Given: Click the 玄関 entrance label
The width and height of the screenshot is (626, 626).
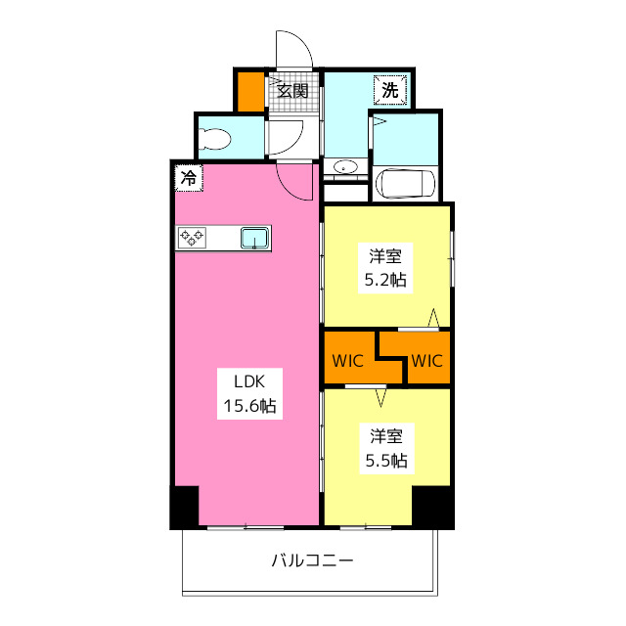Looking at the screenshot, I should pos(292,91).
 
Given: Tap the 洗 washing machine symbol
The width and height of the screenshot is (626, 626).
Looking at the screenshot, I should pos(390,90).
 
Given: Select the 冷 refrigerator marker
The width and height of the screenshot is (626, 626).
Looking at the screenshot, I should pos(189,178).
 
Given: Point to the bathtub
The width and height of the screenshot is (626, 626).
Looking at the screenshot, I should pos(405,183).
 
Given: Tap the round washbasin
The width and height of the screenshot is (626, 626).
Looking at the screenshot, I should pos(345,168).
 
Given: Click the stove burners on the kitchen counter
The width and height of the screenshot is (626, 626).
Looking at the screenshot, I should pos(192,237).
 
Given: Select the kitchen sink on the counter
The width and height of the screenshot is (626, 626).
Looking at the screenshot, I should pos(255,238).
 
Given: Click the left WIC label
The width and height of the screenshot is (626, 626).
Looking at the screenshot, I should pos(347,360).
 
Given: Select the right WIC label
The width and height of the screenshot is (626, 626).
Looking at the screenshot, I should pos(426,360).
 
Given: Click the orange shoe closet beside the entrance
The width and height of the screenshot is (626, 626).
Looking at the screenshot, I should pos(251,90).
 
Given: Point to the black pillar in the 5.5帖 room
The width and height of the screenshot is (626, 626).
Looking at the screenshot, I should pos(431,506).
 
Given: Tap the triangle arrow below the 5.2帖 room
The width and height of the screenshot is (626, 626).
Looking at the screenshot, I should pos(432,318).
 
